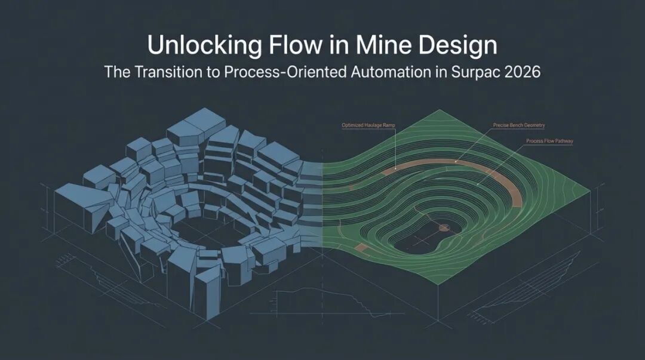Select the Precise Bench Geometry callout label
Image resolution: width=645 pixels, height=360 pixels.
[x=518, y=125]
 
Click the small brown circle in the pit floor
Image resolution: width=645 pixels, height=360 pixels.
[x=443, y=227]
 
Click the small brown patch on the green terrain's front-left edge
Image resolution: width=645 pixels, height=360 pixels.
[x=360, y=247]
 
